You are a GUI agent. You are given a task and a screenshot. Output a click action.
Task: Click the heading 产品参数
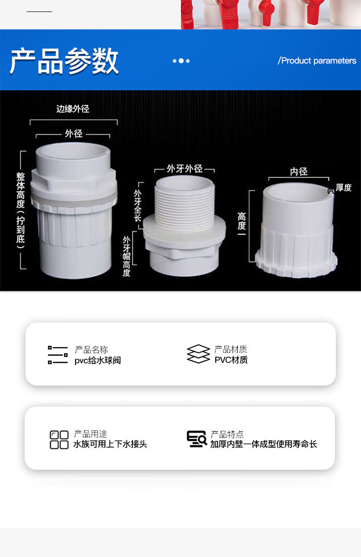pyautogui.click(x=64, y=61)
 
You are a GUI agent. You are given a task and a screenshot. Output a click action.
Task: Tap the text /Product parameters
pyautogui.click(x=317, y=61)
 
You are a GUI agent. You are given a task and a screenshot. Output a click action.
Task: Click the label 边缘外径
pyautogui.click(x=73, y=109)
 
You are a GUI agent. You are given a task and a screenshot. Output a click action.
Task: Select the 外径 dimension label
pyautogui.click(x=74, y=133)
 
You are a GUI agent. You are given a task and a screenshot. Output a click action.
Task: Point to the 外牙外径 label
pyautogui.click(x=184, y=168)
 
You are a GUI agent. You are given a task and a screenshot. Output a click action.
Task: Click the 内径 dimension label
pyautogui.click(x=298, y=172)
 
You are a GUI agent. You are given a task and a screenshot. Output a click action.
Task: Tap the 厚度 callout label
pyautogui.click(x=344, y=187)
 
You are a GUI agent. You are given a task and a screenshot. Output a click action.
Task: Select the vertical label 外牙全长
pyautogui.click(x=138, y=206)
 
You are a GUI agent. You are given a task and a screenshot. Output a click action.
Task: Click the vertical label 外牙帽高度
pyautogui.click(x=127, y=256)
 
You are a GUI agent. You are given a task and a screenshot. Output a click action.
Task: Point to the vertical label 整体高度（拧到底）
pyautogui.click(x=21, y=212)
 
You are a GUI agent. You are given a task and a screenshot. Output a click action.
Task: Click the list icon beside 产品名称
pyautogui.click(x=57, y=355)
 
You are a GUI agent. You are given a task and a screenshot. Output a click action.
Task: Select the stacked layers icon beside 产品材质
pyautogui.click(x=198, y=354)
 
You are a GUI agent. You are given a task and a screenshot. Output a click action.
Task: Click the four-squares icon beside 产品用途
pyautogui.click(x=59, y=440)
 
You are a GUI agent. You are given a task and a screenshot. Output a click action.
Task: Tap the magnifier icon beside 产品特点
pyautogui.click(x=197, y=439)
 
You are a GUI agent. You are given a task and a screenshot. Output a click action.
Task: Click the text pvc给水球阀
pyautogui.click(x=98, y=360)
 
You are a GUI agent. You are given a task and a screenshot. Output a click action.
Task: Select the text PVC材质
pyautogui.click(x=231, y=360)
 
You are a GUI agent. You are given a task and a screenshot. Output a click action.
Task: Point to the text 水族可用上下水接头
pyautogui.click(x=110, y=444)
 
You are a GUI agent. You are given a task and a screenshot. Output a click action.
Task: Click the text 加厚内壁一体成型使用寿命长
pyautogui.click(x=263, y=444)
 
